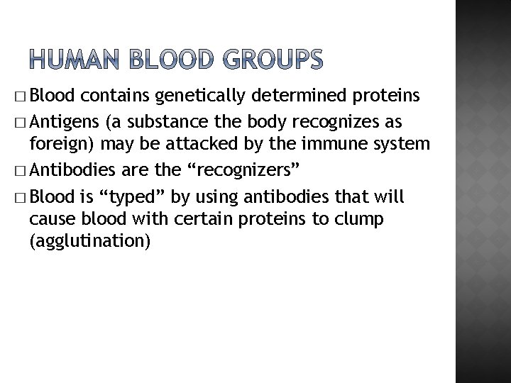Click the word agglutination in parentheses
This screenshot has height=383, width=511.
pos(89,242)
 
